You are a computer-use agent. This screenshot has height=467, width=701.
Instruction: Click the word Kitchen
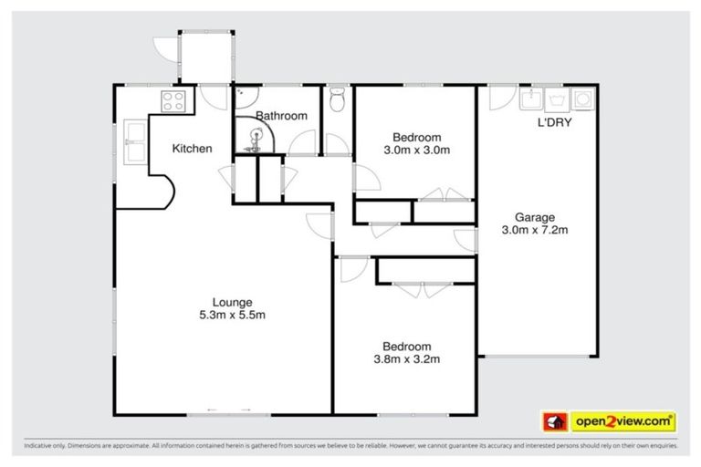pos(193,149)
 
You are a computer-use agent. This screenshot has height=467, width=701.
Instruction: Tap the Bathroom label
pos(280,116)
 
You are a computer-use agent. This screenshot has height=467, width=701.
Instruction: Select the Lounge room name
pos(232,302)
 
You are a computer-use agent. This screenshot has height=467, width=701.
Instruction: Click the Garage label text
pos(534,217)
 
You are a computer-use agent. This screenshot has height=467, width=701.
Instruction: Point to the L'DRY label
pos(553,121)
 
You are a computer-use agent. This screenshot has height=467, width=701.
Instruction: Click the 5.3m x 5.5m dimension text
pos(232,315)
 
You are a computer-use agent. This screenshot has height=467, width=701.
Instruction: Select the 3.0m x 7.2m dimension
pos(534,230)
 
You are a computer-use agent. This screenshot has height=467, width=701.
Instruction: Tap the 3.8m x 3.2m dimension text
pos(406,358)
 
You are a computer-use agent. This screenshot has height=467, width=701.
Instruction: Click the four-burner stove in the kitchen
pos(173,99)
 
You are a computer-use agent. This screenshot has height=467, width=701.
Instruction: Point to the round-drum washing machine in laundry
pos(581,99)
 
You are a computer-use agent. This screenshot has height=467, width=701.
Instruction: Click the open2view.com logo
pos(623,421)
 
